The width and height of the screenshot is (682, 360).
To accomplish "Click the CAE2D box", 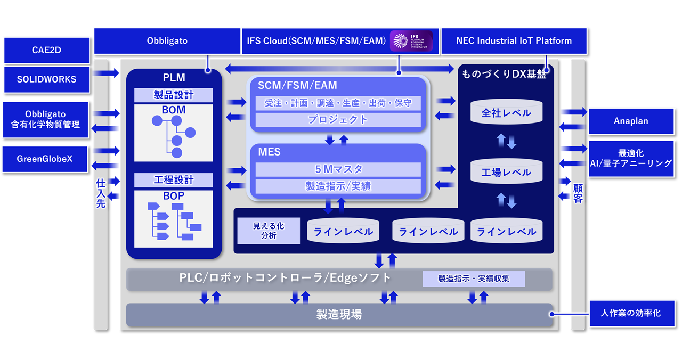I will pos(47,51).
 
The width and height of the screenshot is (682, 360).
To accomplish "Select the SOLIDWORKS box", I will pos(47,79).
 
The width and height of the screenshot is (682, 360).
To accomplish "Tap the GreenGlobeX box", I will pos(45,159).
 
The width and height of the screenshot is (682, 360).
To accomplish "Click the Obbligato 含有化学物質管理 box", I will pos(46,120).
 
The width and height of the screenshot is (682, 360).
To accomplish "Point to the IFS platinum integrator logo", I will pos(411,41).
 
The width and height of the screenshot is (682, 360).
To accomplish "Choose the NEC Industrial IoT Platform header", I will pos(514,41).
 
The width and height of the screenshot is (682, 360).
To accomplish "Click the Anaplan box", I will pos(630,121).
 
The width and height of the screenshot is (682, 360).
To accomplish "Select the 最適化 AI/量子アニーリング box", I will pos(630,159).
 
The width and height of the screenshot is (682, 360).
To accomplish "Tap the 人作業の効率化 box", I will pos(631,313).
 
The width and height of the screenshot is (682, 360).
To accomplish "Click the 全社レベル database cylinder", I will pos(506,112).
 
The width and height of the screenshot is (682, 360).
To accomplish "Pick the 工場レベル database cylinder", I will pos(506,172).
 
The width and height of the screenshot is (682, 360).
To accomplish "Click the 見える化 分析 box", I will pos(269,231).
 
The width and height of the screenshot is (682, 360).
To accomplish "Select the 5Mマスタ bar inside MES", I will pos(338,169).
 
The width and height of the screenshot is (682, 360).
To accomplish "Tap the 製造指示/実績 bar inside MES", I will pos(338,186).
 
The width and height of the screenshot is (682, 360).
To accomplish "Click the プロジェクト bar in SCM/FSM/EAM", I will pos(338,120).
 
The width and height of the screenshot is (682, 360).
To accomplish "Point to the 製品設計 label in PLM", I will pos(174,95).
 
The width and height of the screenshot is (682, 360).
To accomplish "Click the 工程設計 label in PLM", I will pos(174,180).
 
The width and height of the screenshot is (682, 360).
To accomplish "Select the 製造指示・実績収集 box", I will pos(474,279).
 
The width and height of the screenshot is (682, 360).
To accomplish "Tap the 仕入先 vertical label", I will pos(101,193).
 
